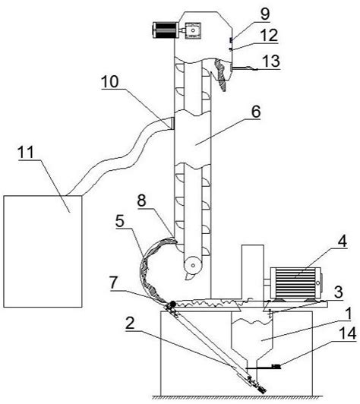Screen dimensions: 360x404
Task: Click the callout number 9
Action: [265, 14]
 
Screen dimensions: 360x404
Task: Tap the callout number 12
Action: [269, 35]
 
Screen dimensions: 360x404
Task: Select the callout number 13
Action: [271, 61]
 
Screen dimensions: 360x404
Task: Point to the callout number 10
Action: [110, 81]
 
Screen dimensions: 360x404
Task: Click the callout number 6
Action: [256, 112]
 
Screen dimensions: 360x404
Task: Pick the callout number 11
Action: [26, 152]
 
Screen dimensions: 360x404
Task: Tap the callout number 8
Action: [142, 200]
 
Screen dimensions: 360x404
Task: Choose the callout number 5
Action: [120, 221]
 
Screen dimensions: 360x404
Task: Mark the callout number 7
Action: [114, 282]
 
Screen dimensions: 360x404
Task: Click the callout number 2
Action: [130, 323]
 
